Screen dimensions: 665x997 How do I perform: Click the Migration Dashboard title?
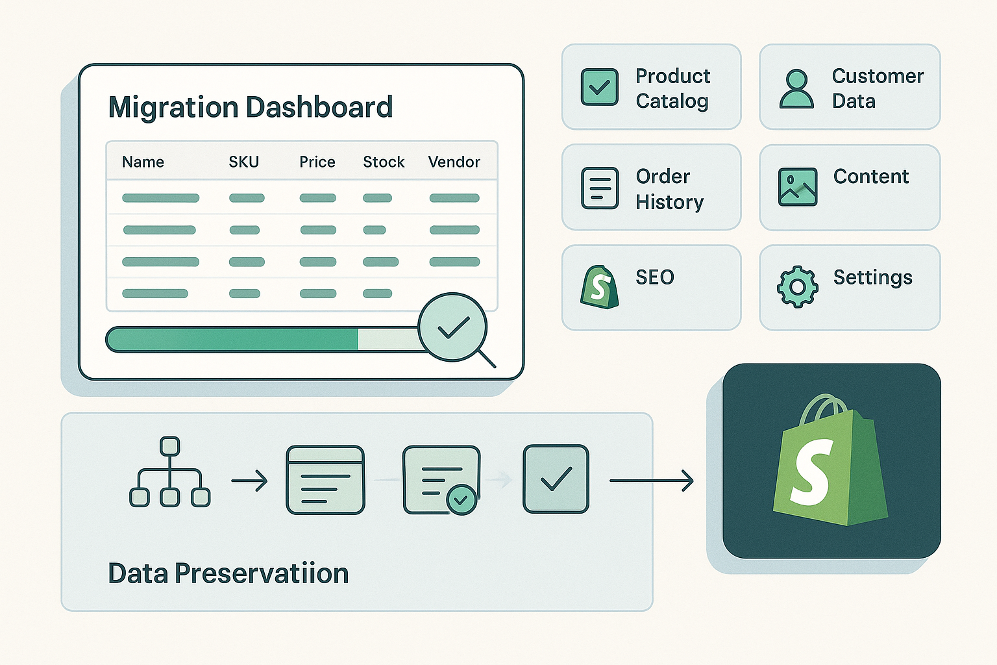point(251,108)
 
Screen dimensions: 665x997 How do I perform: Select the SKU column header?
point(244,162)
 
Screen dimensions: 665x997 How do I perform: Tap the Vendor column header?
point(454,162)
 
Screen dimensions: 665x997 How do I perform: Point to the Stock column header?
point(384,162)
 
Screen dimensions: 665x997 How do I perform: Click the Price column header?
point(317,162)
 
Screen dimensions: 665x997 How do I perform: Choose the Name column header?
point(143,162)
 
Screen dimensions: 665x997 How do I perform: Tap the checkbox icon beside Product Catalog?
point(599,87)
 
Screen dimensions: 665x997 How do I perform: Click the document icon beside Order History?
point(600,188)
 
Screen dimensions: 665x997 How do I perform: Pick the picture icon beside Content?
point(797,187)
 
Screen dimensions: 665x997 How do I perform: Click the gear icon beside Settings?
point(797,286)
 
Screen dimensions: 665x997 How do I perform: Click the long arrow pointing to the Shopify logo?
point(651,481)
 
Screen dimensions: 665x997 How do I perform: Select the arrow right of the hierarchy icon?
point(249,481)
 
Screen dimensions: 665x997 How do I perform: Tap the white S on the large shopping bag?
point(812,472)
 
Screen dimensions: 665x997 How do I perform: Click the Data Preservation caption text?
point(228,573)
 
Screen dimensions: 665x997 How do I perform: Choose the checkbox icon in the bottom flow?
point(556,479)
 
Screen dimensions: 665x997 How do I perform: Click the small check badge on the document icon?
point(462,499)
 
